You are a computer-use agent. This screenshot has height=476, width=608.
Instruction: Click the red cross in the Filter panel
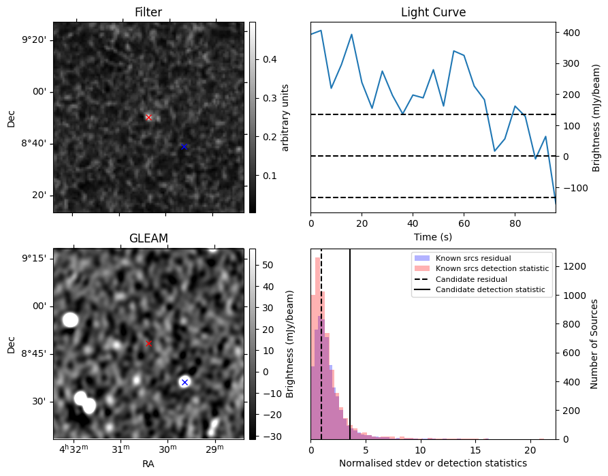pyautogui.click(x=148, y=117)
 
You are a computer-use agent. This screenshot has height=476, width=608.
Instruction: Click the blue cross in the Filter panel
pyautogui.click(x=184, y=146)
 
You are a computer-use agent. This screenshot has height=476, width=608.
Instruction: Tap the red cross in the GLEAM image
pyautogui.click(x=149, y=344)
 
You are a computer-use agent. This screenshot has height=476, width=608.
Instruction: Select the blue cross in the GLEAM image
pyautogui.click(x=184, y=382)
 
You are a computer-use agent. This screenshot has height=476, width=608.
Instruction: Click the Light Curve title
pyautogui.click(x=433, y=12)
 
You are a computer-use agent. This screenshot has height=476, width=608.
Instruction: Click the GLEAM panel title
pyautogui.click(x=148, y=238)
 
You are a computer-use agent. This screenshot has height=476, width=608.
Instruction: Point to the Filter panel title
pyautogui.click(x=148, y=12)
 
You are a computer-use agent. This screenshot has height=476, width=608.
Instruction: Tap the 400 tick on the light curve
pyautogui.click(x=570, y=33)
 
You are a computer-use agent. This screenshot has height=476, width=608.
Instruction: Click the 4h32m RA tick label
pyautogui.click(x=74, y=450)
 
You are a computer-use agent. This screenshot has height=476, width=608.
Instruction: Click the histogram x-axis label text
pyautogui.click(x=433, y=463)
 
